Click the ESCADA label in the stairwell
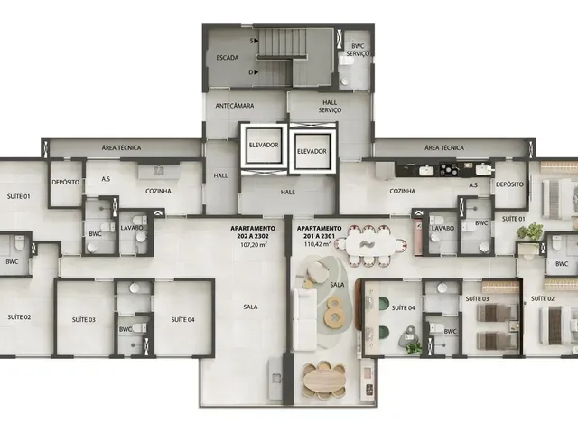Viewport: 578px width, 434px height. pyautogui.click(x=228, y=58)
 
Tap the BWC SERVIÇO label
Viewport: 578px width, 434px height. pyautogui.click(x=358, y=50)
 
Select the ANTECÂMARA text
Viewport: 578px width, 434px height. pyautogui.click(x=235, y=106)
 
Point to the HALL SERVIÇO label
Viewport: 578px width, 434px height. pyautogui.click(x=330, y=107)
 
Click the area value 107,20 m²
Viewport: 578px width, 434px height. pyautogui.click(x=254, y=244)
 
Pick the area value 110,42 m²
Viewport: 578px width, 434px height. pyautogui.click(x=317, y=244)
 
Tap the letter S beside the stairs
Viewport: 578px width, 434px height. pyautogui.click(x=252, y=42)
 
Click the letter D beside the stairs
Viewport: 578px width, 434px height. pyautogui.click(x=251, y=72)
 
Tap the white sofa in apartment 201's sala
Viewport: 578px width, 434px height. pyautogui.click(x=305, y=319)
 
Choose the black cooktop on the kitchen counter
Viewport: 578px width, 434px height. pyautogui.click(x=450, y=170)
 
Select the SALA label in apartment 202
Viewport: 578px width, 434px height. pyautogui.click(x=251, y=307)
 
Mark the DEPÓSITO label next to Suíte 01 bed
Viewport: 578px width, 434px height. pyautogui.click(x=509, y=184)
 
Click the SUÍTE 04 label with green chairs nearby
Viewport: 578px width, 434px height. pyautogui.click(x=404, y=307)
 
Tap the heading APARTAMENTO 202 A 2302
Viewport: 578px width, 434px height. pyautogui.click(x=253, y=232)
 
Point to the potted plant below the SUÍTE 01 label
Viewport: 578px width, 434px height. pyautogui.click(x=530, y=231)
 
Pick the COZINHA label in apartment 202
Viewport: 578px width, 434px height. pyautogui.click(x=158, y=191)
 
